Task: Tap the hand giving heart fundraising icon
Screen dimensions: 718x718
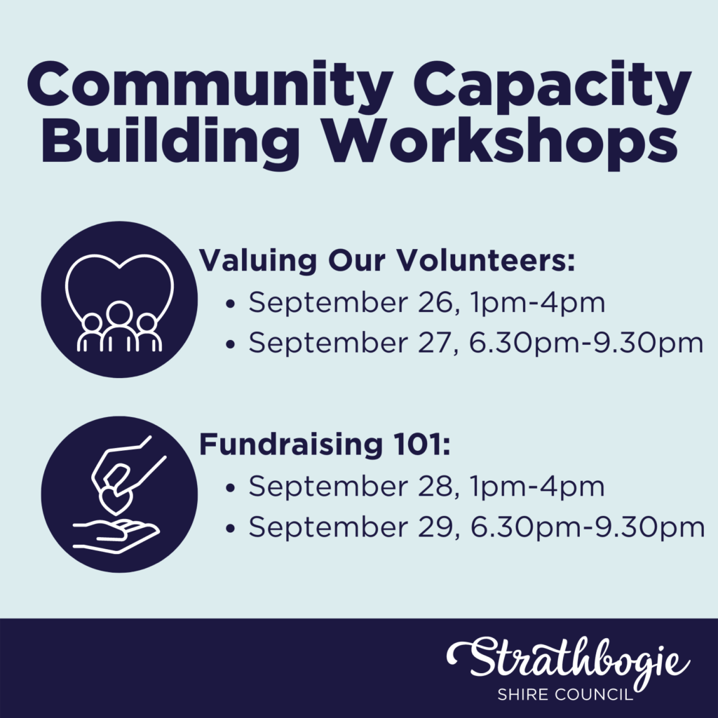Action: (119, 494)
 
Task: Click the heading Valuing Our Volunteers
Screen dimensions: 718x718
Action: (388, 262)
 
